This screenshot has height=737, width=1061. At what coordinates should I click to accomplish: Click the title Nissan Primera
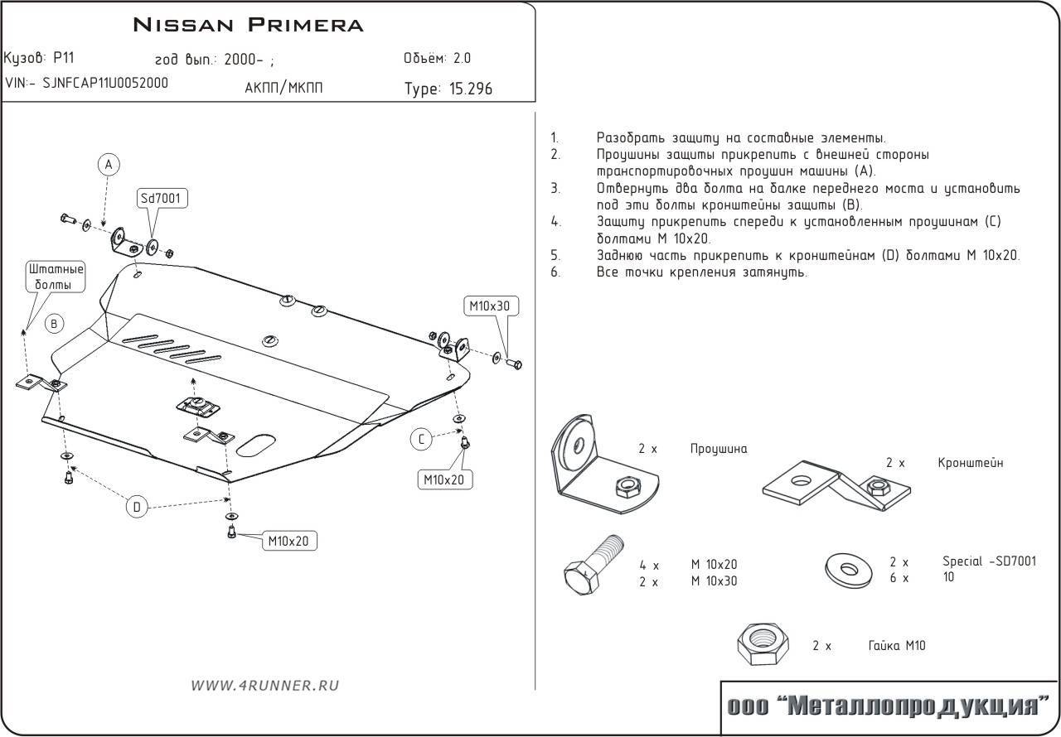pos(248,25)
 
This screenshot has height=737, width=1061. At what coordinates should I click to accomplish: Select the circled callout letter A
pos(108,165)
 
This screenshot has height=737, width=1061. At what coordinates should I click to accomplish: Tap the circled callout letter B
pos(54,324)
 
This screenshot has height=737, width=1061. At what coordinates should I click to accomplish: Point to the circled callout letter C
pos(421,440)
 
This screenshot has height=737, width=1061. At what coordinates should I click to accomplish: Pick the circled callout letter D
pos(138,506)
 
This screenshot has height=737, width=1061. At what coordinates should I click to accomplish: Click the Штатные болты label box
pos(56,277)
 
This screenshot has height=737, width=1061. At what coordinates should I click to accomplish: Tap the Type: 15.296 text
pos(448,89)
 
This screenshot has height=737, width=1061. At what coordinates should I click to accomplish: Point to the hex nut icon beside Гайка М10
pos(762,645)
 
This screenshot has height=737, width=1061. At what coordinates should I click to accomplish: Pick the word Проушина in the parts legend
pos(718,449)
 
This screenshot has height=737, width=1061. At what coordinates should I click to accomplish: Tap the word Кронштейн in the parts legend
pos(970,463)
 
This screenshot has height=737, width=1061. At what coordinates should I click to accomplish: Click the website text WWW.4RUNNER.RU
pos(265,685)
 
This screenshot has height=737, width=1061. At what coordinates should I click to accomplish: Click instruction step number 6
pos(555,272)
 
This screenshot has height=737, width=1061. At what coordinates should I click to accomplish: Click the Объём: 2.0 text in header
pos(437,59)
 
